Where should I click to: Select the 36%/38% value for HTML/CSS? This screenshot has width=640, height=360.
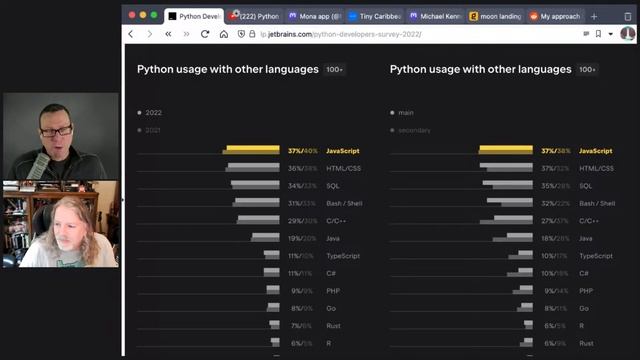[x=302, y=168]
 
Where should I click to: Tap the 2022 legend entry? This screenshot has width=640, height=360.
[x=153, y=112]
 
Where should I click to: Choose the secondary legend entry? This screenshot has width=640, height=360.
[x=413, y=130]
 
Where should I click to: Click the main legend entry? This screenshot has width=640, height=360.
[x=405, y=112]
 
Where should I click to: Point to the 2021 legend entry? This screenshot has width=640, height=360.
[x=153, y=130]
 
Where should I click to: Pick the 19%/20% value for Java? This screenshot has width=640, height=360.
[x=302, y=238]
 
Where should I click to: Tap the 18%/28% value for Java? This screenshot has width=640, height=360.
[x=555, y=238]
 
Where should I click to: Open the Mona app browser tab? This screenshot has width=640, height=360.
[x=314, y=16]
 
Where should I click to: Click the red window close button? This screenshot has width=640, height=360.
[x=131, y=15]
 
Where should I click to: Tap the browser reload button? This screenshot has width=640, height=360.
[x=205, y=34]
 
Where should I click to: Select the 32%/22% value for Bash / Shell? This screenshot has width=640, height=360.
[x=555, y=203]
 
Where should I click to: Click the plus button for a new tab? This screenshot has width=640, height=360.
[x=594, y=16]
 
